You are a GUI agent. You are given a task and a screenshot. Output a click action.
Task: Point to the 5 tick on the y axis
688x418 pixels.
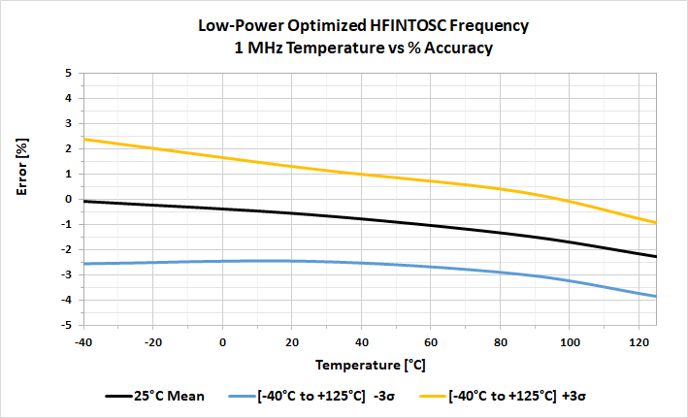[x=67, y=73]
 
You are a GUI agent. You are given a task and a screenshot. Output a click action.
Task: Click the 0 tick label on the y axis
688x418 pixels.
[x=67, y=199]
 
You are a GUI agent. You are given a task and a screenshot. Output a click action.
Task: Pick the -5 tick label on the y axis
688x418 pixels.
[x=65, y=325]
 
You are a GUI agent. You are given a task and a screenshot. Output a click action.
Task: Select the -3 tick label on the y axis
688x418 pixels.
[x=65, y=274]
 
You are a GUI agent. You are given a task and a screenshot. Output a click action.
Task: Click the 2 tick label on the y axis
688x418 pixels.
[x=67, y=148]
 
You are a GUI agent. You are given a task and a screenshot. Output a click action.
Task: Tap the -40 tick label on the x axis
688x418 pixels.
[x=83, y=342]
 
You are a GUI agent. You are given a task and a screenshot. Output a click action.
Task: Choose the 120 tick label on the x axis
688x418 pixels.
[x=640, y=342]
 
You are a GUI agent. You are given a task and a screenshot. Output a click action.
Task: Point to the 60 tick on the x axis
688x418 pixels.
[x=431, y=342]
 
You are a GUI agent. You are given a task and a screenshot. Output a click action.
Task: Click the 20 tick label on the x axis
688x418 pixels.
[x=292, y=342]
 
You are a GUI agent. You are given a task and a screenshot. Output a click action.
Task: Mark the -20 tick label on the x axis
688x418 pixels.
[x=152, y=342]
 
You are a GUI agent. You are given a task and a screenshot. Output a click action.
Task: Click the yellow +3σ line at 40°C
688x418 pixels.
[x=362, y=174]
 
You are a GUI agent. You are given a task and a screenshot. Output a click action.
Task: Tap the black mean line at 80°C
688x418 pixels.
[x=501, y=233]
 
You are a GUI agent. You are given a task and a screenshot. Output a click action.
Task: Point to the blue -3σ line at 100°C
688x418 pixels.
[x=571, y=281]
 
